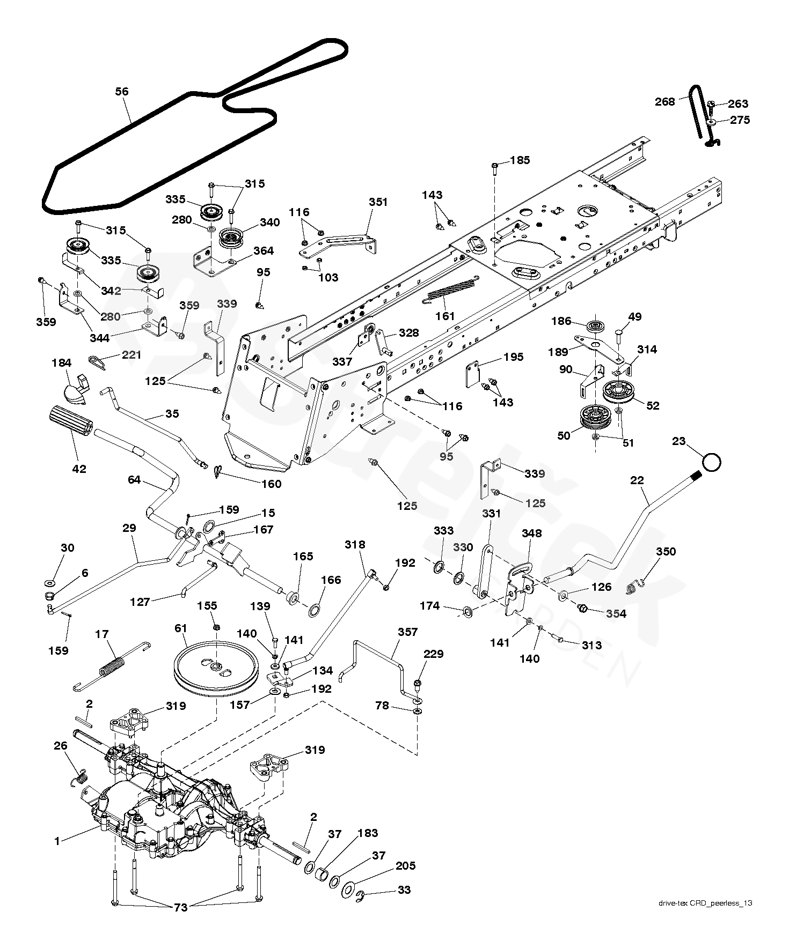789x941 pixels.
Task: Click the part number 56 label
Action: point(122,92)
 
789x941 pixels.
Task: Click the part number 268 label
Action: point(664,101)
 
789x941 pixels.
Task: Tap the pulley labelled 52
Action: point(619,392)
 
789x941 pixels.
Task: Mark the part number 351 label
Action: point(378,202)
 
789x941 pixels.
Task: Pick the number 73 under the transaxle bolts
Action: point(181,907)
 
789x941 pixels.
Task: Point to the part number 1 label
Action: point(57,841)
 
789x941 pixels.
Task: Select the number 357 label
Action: point(407,632)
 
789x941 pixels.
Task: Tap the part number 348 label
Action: point(531,533)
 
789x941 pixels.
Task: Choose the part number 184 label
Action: point(61,363)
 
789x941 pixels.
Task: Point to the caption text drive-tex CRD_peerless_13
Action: point(705,903)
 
